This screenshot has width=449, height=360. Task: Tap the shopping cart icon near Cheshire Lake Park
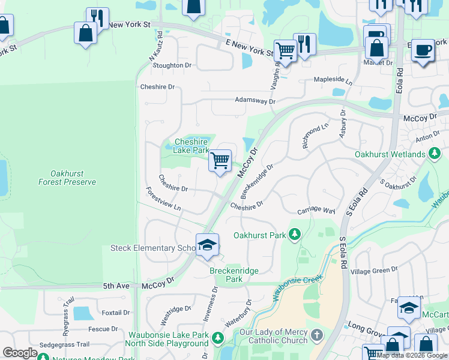pyautogui.click(x=220, y=161)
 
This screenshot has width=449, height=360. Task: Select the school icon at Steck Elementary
pyautogui.click(x=207, y=245)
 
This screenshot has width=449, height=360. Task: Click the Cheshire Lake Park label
pyautogui.click(x=191, y=146)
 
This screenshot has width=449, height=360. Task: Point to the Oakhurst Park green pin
pyautogui.click(x=294, y=234)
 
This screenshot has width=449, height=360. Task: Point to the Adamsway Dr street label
pyautogui.click(x=255, y=101)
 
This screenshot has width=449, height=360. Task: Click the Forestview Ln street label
pyautogui.click(x=163, y=199)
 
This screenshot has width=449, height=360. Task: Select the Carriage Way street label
pyautogui.click(x=316, y=211)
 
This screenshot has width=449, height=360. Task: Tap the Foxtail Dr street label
pyautogui.click(x=116, y=313)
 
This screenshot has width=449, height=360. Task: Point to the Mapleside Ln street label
pyautogui.click(x=333, y=80)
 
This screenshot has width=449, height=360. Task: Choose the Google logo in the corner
pyautogui.click(x=20, y=353)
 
